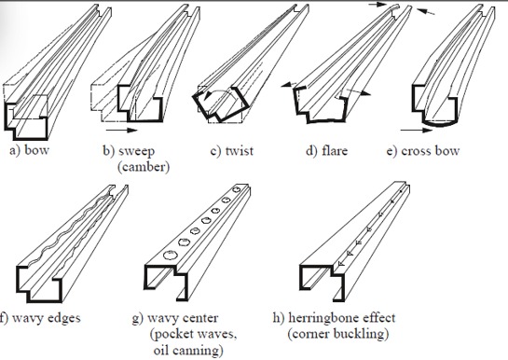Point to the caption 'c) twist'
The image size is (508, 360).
[x=230, y=150]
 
